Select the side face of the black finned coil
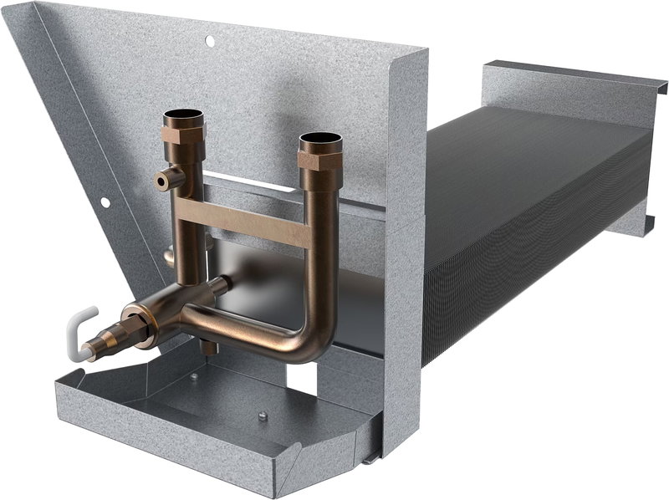[x=535, y=284]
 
